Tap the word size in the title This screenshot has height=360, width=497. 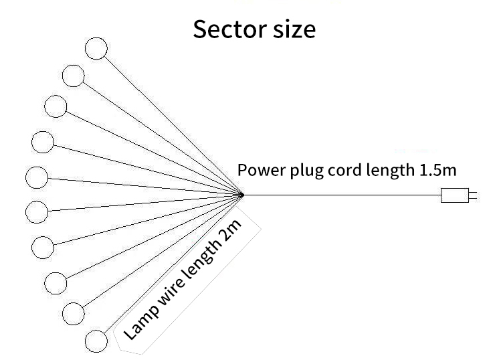point(291,29)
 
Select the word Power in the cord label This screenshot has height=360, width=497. point(262,170)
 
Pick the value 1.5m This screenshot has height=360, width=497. point(437,170)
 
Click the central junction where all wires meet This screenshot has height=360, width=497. point(242,195)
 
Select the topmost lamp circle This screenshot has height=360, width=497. point(96,48)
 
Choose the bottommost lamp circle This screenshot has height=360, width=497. point(96,341)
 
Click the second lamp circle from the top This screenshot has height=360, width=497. point(74,75)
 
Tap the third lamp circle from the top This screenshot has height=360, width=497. point(56,106)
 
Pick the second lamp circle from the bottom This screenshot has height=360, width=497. point(74,312)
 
